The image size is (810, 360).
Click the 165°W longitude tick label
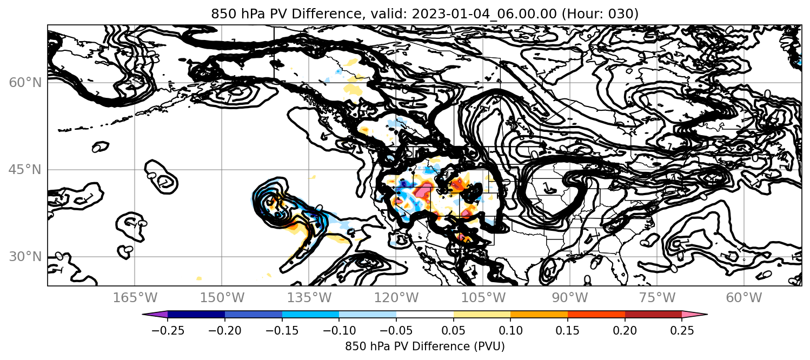coord(135,298)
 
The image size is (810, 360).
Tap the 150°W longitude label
coord(222,298)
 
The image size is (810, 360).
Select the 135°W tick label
coord(309,298)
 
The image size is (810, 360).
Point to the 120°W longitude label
coord(396,298)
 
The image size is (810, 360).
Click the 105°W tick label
coord(483,298)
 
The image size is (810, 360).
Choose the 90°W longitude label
coord(570,298)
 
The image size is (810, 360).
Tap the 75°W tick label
coord(657,298)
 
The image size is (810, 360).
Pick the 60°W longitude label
coord(744,298)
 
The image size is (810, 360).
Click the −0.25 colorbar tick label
coord(168,330)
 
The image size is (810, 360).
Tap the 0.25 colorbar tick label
coord(682,330)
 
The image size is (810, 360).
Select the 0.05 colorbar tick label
coord(454,330)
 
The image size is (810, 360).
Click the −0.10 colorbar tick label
coord(339,330)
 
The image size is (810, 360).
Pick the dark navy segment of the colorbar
coord(196,315)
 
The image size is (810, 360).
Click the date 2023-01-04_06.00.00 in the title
coord(484,14)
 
